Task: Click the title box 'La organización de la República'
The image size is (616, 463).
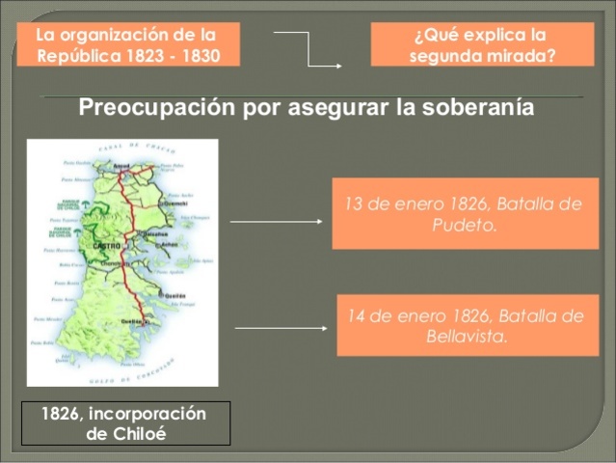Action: tap(127, 44)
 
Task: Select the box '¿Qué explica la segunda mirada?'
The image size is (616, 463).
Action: tap(482, 44)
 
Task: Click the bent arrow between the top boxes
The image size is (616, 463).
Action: tap(308, 49)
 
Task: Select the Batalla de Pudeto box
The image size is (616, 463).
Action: tap(465, 214)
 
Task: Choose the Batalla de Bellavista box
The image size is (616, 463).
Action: tap(467, 325)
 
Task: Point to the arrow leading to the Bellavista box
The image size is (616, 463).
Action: tap(281, 328)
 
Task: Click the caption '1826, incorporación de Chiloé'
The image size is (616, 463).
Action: tap(125, 422)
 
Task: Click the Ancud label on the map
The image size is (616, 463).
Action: tap(122, 165)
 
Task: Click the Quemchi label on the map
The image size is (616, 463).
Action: tap(175, 204)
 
